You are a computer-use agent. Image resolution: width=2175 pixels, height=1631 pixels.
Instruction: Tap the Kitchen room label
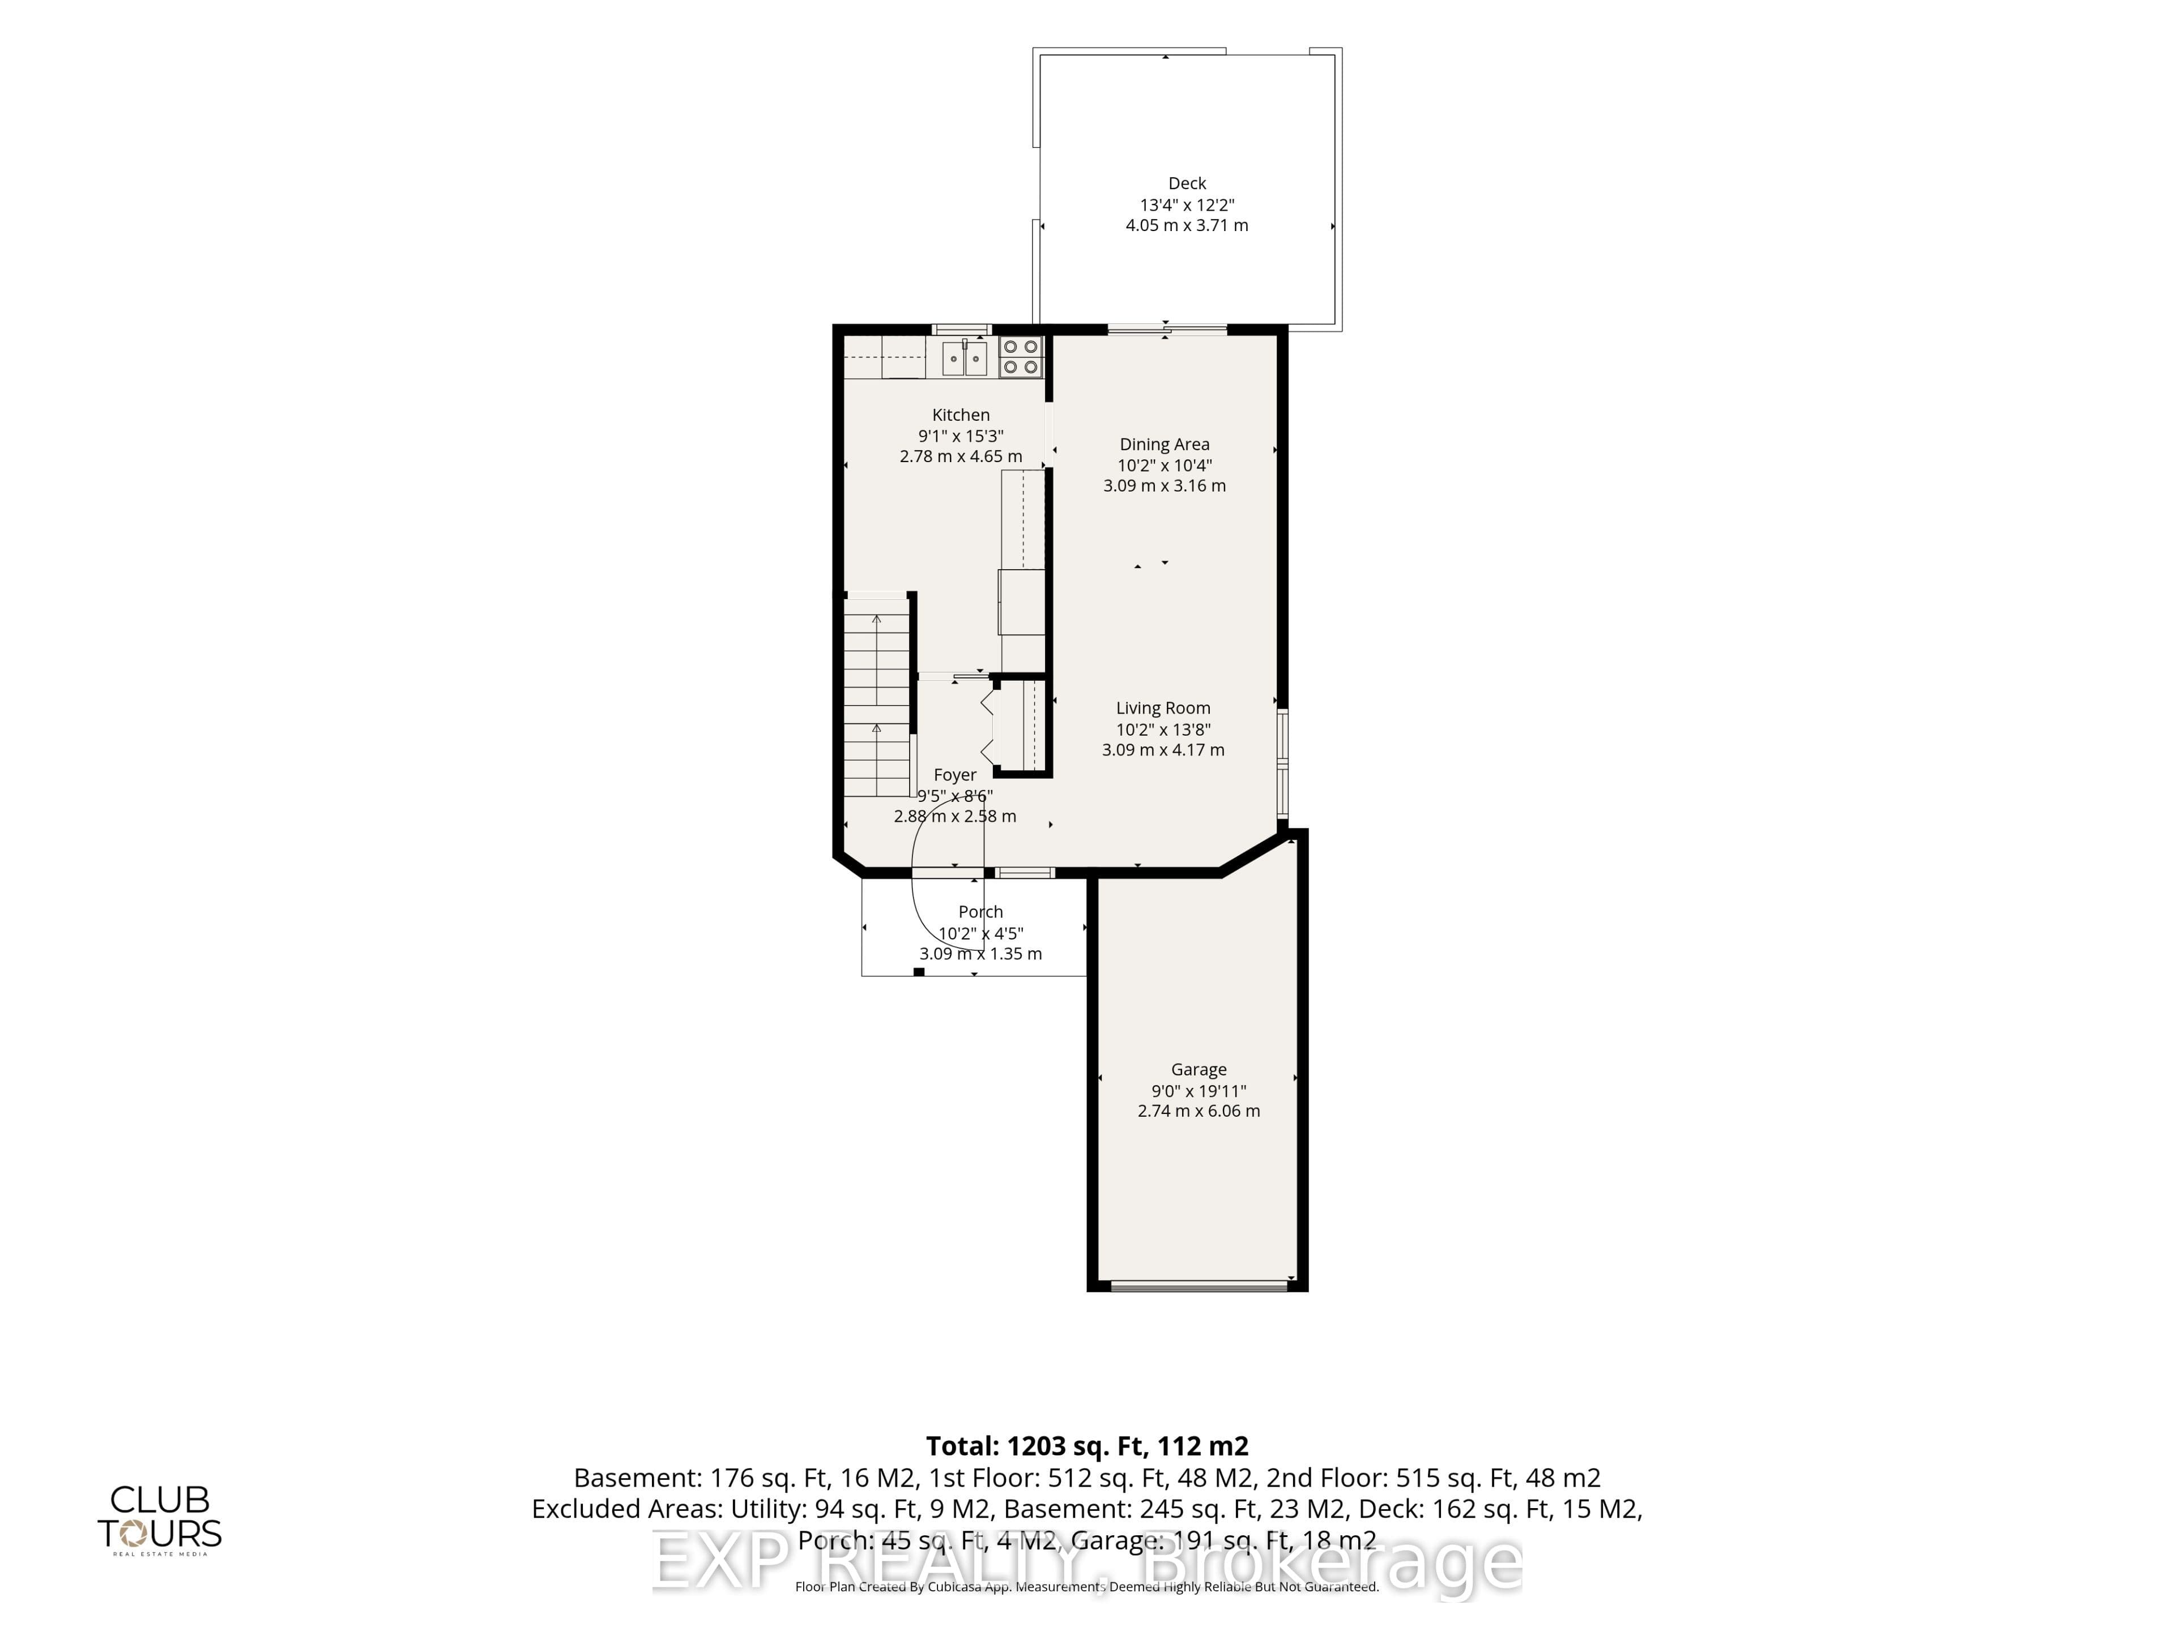tap(961, 415)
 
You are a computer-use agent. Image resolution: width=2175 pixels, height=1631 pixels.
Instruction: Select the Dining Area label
tap(1164, 445)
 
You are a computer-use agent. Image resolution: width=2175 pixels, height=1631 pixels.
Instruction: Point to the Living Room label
tap(1163, 708)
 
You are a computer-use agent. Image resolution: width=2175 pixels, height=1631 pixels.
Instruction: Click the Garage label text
tap(1199, 1070)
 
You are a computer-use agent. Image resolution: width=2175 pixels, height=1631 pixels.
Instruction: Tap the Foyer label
tap(955, 775)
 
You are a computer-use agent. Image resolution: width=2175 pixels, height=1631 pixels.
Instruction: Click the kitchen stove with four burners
tap(1021, 357)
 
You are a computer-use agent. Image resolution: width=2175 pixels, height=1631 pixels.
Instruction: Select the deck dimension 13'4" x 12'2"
tap(1187, 204)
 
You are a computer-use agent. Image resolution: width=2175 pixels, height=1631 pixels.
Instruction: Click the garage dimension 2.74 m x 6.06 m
tap(1199, 1111)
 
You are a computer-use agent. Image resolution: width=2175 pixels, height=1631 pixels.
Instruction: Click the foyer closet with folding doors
tap(1018, 728)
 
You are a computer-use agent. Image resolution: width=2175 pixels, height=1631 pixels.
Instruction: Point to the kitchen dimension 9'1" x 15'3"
tap(961, 435)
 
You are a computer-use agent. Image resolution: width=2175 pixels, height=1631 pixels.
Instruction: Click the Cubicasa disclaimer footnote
tap(1086, 1587)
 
